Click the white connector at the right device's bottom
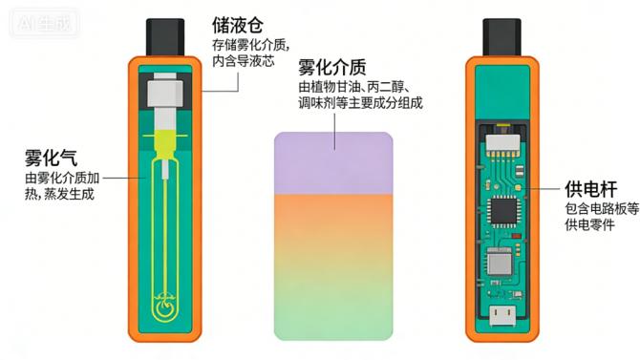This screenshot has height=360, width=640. click(502, 316)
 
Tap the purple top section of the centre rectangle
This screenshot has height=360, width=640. click(334, 162)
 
